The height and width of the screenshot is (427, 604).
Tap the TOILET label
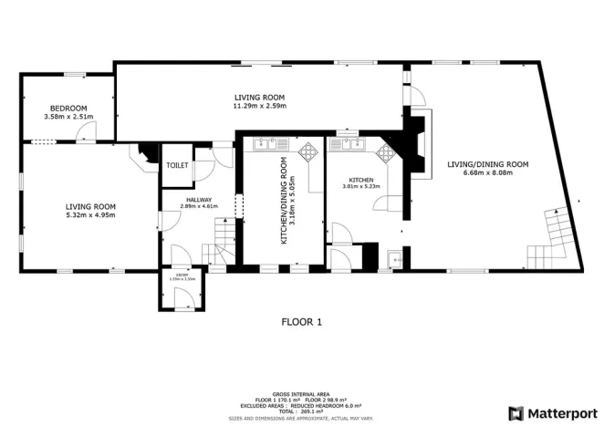point(177,165)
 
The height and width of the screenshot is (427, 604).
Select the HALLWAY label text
point(199,200)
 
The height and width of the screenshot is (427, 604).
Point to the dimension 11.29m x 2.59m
point(259,106)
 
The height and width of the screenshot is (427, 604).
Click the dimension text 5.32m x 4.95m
point(89,216)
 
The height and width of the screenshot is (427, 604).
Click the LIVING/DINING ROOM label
point(487,164)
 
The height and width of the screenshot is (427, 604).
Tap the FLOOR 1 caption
point(301,321)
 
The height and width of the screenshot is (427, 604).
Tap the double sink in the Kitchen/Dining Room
point(271,143)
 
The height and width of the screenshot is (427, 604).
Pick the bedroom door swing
point(86,133)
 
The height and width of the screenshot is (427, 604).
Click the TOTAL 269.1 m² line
point(301,411)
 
